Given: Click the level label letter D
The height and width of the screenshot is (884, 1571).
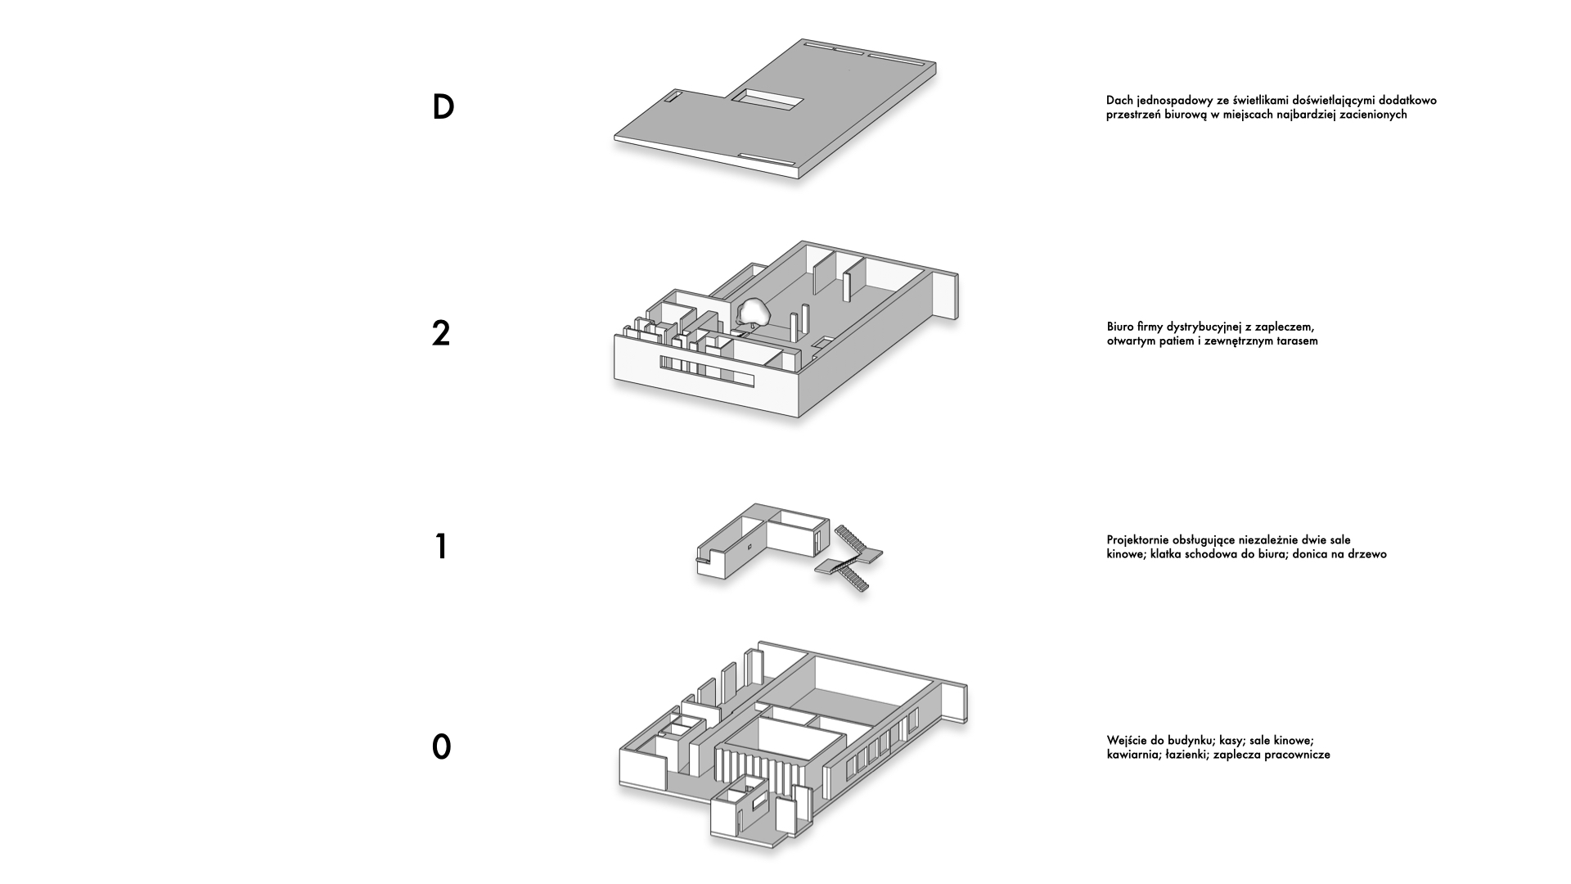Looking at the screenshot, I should click(443, 107).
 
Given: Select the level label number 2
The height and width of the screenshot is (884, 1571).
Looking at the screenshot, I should click(441, 334).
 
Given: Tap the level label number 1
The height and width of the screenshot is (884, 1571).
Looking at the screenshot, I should click(442, 547).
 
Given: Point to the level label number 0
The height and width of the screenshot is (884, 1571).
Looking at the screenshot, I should click(441, 747).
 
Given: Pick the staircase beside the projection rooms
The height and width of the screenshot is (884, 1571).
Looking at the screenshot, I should click(851, 558).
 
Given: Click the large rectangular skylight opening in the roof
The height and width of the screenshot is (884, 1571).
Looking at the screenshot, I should click(767, 101).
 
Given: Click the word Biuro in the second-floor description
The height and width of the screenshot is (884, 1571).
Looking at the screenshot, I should click(1120, 327).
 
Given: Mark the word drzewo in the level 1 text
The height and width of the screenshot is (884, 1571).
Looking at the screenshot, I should click(1366, 554).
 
